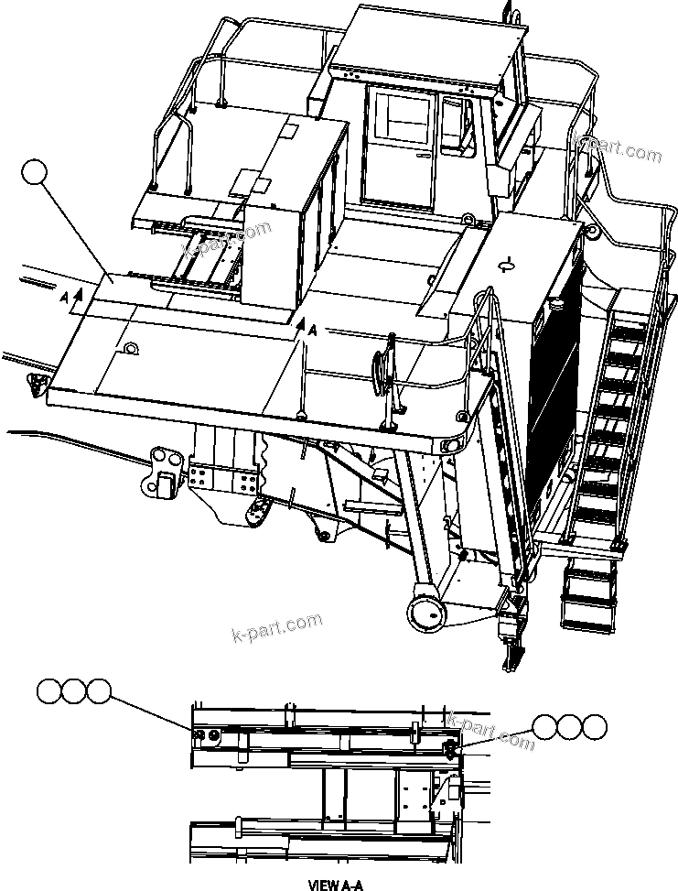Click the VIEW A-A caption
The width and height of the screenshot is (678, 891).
[x=338, y=885]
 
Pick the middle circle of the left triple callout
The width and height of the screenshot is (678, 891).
[x=74, y=691]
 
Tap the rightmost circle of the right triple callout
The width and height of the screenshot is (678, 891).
[x=594, y=728]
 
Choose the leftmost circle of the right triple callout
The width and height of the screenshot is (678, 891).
[x=546, y=728]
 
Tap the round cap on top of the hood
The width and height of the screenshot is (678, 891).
[x=503, y=266]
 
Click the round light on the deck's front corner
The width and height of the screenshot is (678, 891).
[x=451, y=445]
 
